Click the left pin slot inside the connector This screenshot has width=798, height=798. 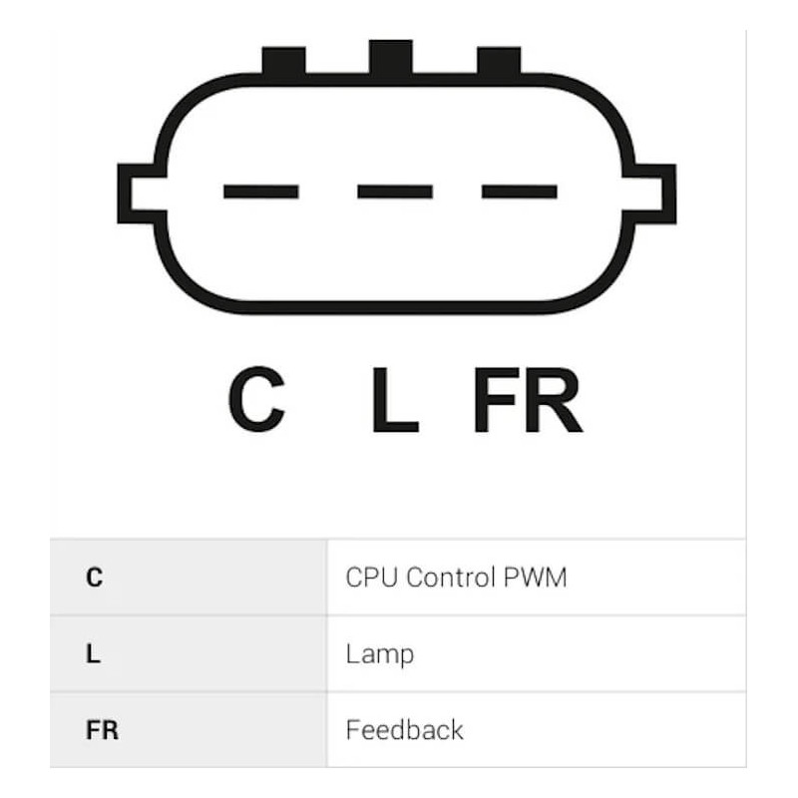click(x=261, y=192)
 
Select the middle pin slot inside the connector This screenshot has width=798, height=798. click(x=395, y=192)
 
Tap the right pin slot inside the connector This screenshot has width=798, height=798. click(x=519, y=192)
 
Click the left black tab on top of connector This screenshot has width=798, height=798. click(x=283, y=61)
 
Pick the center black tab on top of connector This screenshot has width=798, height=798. click(x=391, y=58)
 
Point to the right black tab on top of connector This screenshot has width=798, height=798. click(x=499, y=61)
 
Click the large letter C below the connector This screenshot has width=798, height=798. click(x=256, y=399)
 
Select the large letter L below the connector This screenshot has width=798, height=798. click(x=395, y=400)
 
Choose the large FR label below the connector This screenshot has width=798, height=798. click(x=529, y=400)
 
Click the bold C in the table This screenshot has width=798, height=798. click(x=94, y=578)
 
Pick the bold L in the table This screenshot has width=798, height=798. click(x=93, y=654)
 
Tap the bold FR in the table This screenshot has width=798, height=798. click(x=103, y=730)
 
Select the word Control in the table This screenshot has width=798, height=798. click(x=451, y=578)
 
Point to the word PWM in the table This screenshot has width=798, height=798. click(x=535, y=578)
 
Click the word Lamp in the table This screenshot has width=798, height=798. click(x=380, y=655)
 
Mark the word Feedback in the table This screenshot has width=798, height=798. click(x=405, y=730)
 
